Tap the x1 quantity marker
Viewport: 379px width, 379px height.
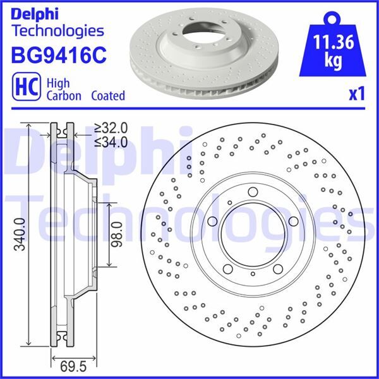tap(357, 95)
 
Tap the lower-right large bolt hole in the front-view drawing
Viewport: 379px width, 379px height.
tap(279, 269)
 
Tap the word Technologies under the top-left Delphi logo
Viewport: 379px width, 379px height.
tap(57, 30)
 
